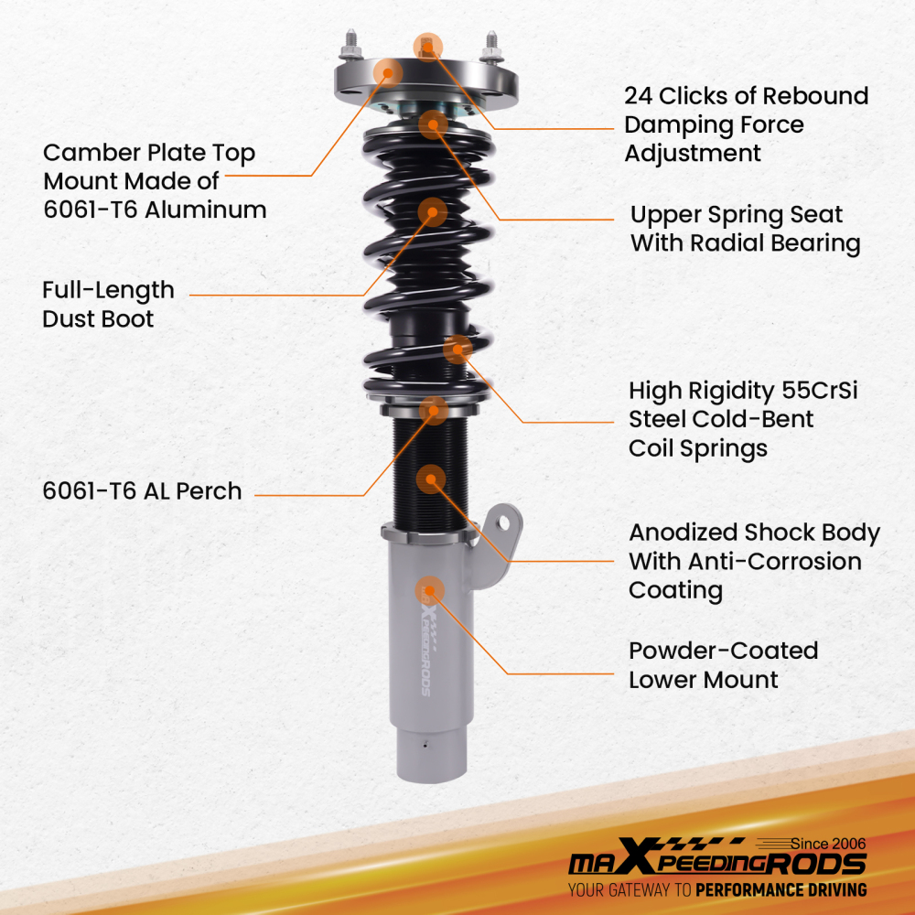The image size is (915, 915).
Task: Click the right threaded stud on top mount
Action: (x=491, y=45)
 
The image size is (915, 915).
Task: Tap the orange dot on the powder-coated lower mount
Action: (x=428, y=591)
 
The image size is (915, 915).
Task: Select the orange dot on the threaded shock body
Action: (x=430, y=479)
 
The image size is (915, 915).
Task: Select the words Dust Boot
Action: (x=98, y=319)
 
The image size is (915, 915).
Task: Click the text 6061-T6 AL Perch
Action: (x=142, y=491)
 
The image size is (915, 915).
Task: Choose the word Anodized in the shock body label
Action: (x=683, y=533)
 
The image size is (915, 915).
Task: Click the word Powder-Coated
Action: (x=723, y=651)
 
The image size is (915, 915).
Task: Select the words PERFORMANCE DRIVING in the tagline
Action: (x=780, y=889)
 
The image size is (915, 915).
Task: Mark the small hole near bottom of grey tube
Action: (x=425, y=744)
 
